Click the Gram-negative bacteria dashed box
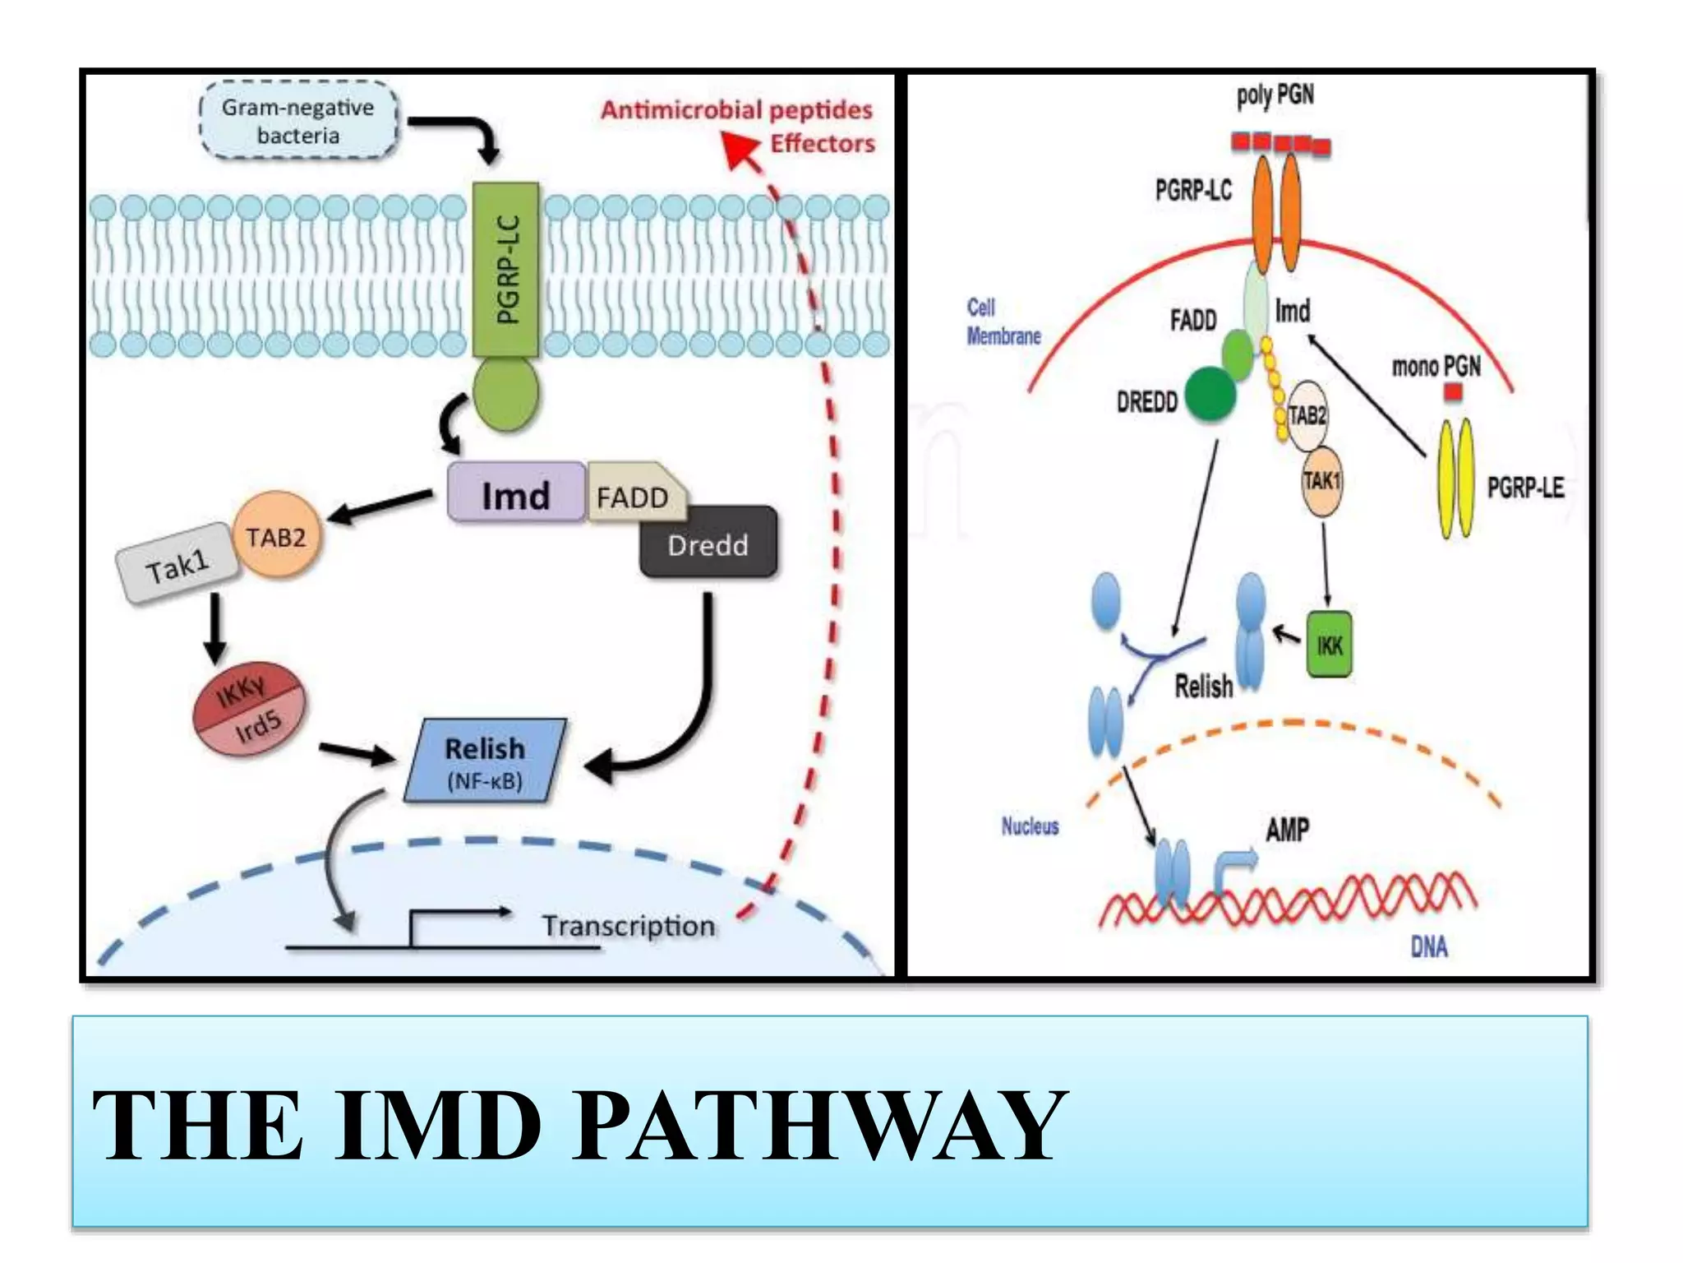pyautogui.click(x=298, y=121)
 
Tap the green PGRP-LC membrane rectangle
pyautogui.click(x=506, y=269)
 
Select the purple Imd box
pyautogui.click(x=516, y=493)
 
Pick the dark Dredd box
pyautogui.click(x=708, y=544)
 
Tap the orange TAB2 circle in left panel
pyautogui.click(x=277, y=536)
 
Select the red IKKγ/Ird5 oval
pyautogui.click(x=249, y=708)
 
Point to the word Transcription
pyautogui.click(x=629, y=926)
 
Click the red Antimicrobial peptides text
pyautogui.click(x=735, y=109)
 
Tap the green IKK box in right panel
pyautogui.click(x=1329, y=644)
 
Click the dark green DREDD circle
pyautogui.click(x=1210, y=394)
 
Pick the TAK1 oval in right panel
pyautogui.click(x=1321, y=481)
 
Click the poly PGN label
pyautogui.click(x=1275, y=95)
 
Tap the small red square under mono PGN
pyautogui.click(x=1453, y=392)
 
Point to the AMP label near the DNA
pyautogui.click(x=1287, y=830)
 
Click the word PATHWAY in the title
pyautogui.click(x=818, y=1125)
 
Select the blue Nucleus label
pyautogui.click(x=1030, y=826)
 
